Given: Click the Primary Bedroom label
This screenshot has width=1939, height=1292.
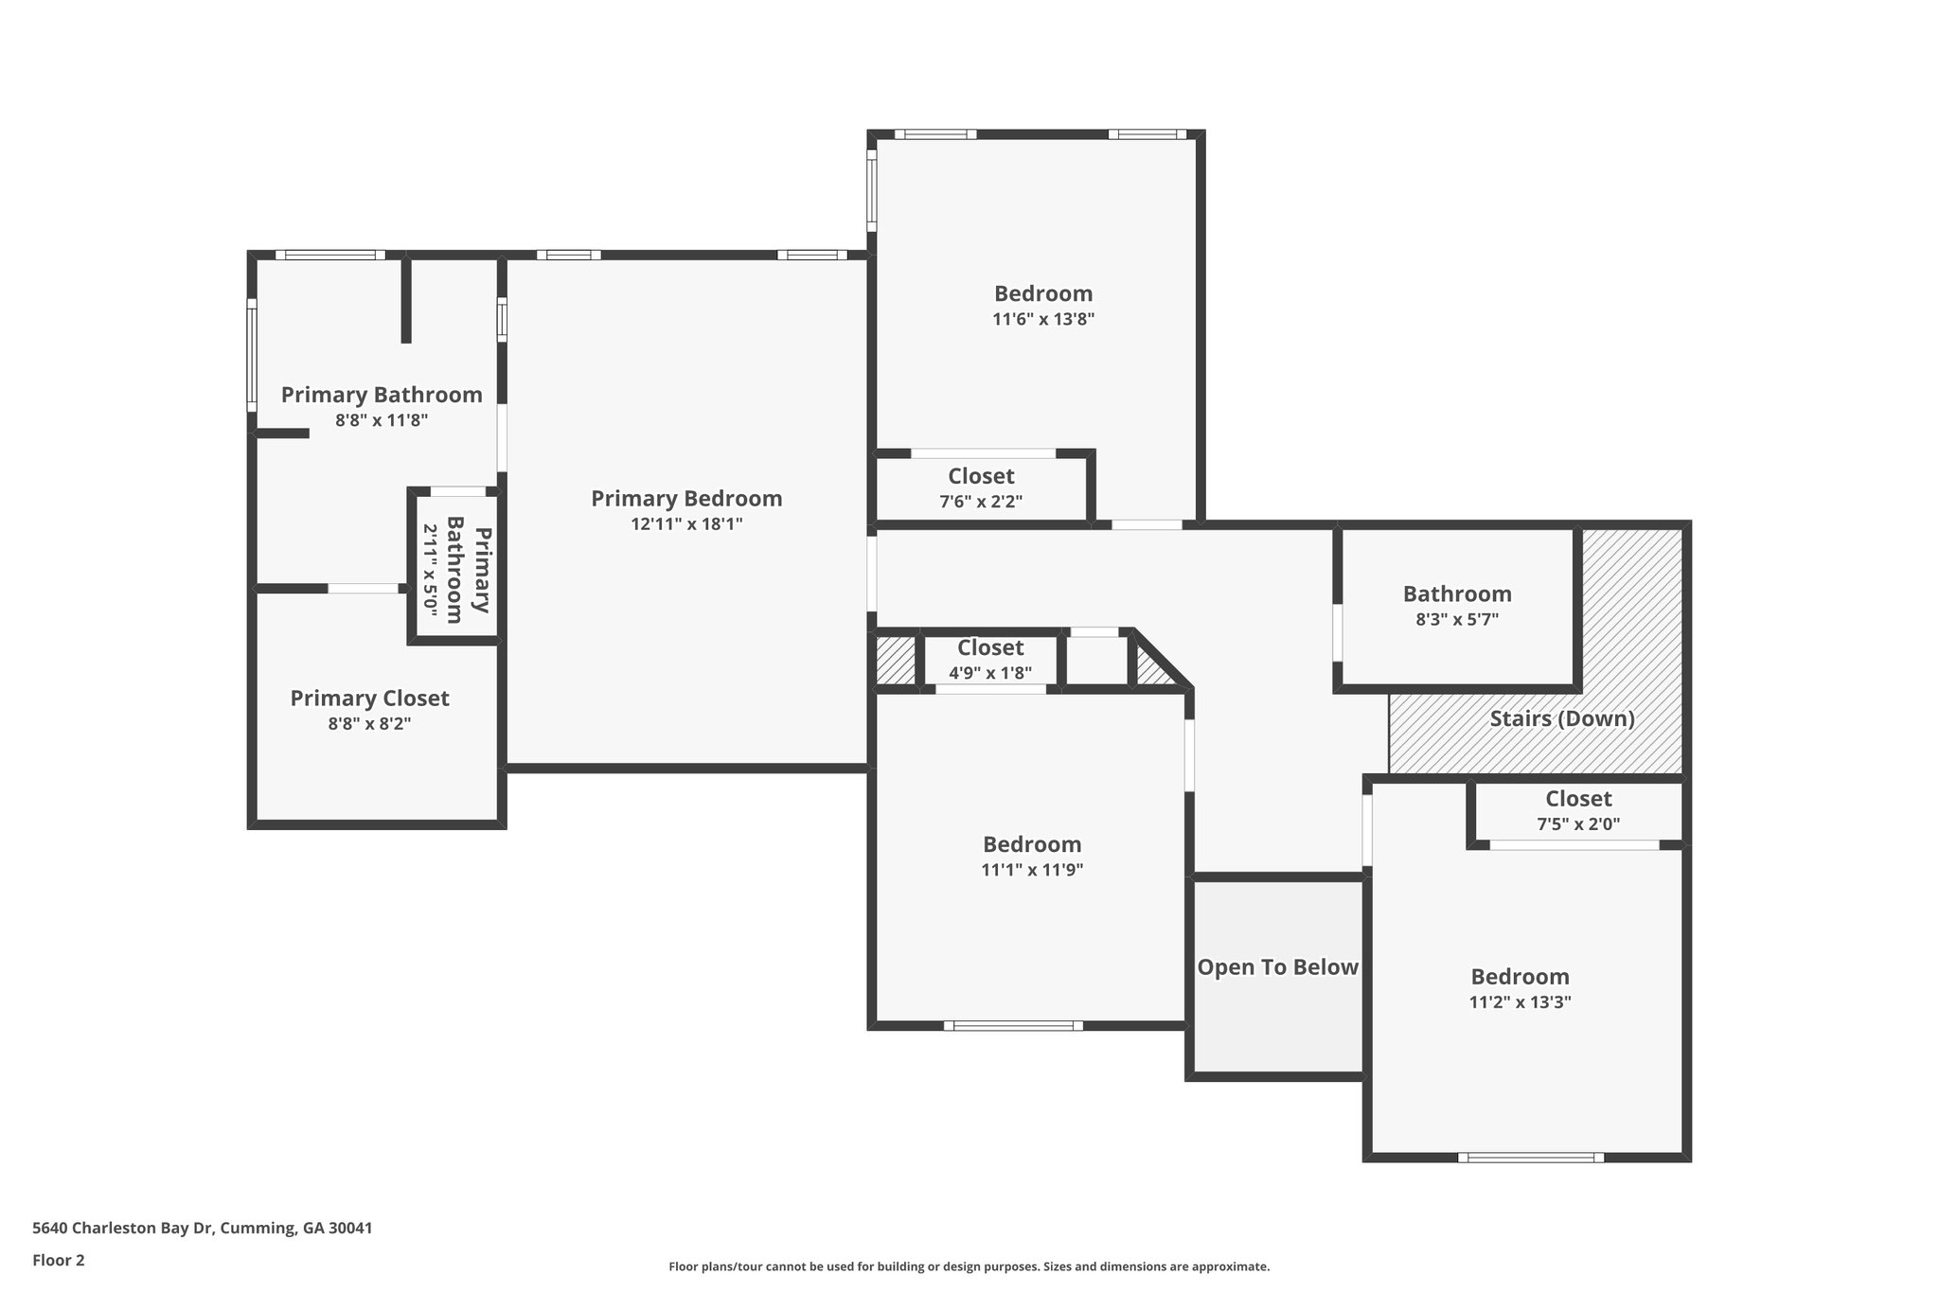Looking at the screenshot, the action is pyautogui.click(x=686, y=499).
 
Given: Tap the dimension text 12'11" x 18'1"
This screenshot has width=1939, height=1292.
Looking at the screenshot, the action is pyautogui.click(x=686, y=524).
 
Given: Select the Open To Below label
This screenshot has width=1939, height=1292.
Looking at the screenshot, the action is pyautogui.click(x=1278, y=967).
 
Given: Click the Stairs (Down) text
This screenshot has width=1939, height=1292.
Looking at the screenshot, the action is pyautogui.click(x=1562, y=718).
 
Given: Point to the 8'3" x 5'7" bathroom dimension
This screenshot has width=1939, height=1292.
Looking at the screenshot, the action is pyautogui.click(x=1457, y=620).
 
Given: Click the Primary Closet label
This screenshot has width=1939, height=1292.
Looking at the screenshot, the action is pyautogui.click(x=369, y=699).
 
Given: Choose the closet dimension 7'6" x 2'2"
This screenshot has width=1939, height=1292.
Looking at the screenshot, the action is pyautogui.click(x=981, y=502).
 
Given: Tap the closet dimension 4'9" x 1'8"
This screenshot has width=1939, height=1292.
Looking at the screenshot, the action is pyautogui.click(x=990, y=673).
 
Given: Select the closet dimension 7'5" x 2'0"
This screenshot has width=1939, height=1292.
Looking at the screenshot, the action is pyautogui.click(x=1578, y=823).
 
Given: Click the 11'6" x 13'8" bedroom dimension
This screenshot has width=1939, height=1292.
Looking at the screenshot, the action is pyautogui.click(x=1043, y=319).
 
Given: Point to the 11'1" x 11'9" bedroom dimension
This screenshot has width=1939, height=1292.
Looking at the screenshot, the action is pyautogui.click(x=1032, y=870).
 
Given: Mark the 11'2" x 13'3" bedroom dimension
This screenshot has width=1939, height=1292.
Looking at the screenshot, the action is pyautogui.click(x=1520, y=1002).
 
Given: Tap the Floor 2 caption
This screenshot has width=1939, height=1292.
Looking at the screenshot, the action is pyautogui.click(x=59, y=1260).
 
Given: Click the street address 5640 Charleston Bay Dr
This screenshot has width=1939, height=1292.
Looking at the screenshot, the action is pyautogui.click(x=123, y=1229).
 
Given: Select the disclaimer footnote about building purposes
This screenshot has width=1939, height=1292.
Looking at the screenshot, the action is pyautogui.click(x=969, y=1266).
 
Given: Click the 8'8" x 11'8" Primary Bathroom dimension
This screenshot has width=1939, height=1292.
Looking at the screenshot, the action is pyautogui.click(x=382, y=420).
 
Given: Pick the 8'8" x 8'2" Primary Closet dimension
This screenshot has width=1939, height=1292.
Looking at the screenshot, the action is pyautogui.click(x=369, y=724).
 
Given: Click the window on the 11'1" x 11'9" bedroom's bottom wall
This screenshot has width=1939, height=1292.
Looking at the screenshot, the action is pyautogui.click(x=1013, y=1025).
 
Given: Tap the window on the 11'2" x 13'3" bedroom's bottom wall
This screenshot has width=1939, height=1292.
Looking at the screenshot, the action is pyautogui.click(x=1531, y=1157).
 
